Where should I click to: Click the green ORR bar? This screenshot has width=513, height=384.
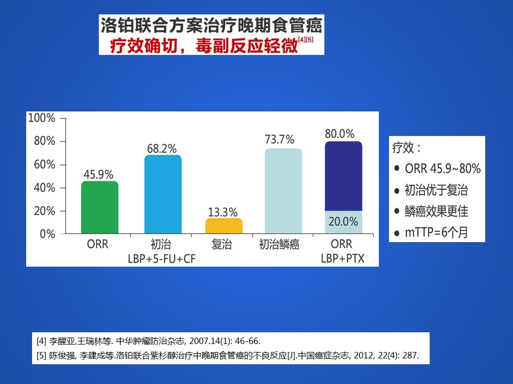pos(100,207)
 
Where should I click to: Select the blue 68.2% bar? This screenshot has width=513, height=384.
pos(163,194)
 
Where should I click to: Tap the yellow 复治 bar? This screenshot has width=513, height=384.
pos(224,226)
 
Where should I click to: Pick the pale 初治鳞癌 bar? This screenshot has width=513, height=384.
pos(283,191)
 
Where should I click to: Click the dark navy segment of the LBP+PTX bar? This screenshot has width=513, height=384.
pos(344,176)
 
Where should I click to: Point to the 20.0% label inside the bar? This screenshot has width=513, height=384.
pos(343,222)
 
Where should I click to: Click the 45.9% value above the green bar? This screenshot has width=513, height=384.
pos(98,174)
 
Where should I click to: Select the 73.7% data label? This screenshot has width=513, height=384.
pos(279,139)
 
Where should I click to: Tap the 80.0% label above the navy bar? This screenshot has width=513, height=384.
pos(340,133)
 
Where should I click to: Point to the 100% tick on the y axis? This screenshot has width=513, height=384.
pos(42,118)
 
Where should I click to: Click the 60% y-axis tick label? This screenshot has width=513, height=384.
pos(44,165)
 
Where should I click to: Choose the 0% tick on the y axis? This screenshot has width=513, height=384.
pos(48,234)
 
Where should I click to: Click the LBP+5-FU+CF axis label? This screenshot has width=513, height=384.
pos(161,259)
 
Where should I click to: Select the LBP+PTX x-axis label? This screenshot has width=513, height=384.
pos(343,258)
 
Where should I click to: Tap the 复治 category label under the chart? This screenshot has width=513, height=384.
pos(221,244)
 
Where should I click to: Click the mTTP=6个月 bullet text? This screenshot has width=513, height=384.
pos(437,233)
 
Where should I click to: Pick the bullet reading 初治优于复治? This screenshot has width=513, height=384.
pos(437,190)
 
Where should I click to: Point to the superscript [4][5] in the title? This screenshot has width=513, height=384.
pos(306,39)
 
